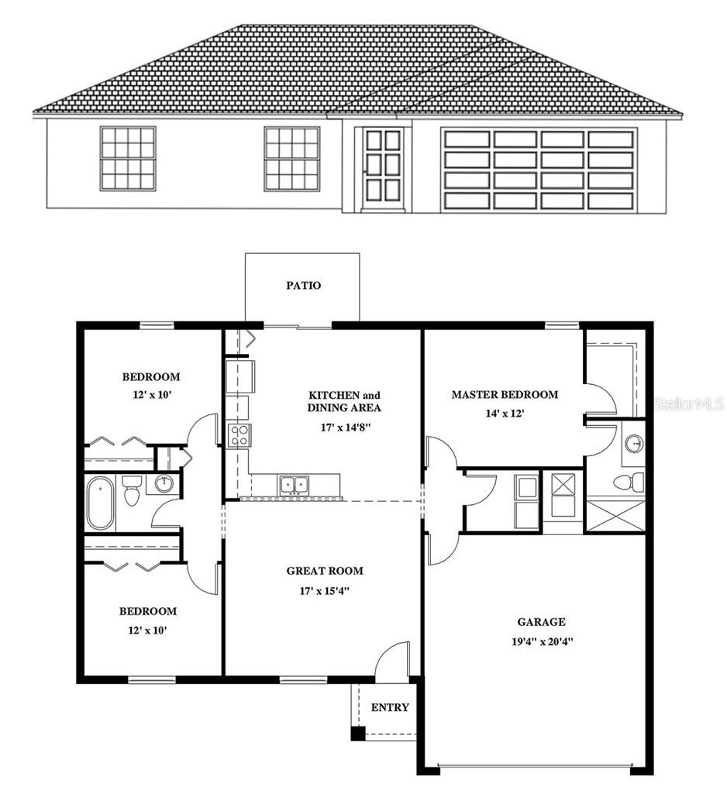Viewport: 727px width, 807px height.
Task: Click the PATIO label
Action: coord(303,285)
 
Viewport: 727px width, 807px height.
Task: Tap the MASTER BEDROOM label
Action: coord(505,394)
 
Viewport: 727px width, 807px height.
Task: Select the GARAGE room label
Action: coord(541,621)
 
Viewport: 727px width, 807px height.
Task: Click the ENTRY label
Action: coord(390,707)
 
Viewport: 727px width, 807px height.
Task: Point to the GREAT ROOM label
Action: coord(325,571)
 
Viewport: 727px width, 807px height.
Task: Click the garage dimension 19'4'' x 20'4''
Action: coord(541,641)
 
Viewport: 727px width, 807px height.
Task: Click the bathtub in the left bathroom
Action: coord(100,503)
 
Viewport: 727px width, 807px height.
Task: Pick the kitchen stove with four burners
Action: coord(239,435)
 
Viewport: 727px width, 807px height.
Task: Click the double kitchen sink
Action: coord(294,485)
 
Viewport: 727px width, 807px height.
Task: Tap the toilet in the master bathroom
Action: coord(629,482)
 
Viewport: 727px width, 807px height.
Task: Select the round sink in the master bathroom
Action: coord(634,444)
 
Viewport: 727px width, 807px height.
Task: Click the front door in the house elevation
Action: coord(383,168)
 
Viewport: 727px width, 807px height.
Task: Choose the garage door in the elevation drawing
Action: coord(539,170)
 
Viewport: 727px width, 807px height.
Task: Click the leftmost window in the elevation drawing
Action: coord(128,158)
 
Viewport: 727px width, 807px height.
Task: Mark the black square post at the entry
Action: coord(357,733)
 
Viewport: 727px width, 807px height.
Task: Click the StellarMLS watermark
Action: coord(689,404)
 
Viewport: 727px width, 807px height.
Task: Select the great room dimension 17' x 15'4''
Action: coord(325,591)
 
